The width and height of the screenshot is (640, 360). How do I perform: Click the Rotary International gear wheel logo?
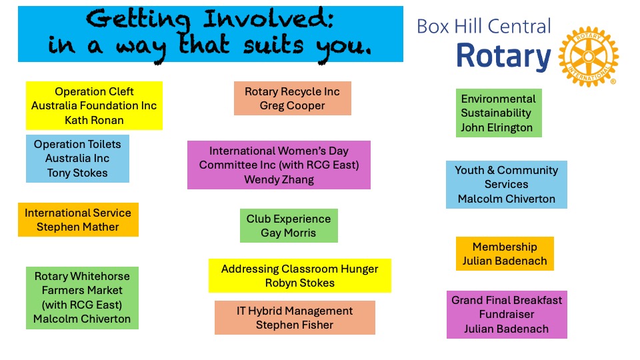588,57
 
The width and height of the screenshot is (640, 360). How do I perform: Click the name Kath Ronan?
94,121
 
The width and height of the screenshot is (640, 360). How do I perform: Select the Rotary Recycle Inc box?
292,99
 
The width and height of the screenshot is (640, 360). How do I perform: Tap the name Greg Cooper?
292,106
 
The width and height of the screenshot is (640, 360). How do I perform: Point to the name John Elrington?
497,128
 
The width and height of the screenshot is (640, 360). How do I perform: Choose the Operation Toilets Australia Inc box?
77,159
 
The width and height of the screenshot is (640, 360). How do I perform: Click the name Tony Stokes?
77,173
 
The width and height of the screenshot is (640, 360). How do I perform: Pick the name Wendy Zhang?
279,179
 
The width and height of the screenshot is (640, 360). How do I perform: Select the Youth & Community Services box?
507,185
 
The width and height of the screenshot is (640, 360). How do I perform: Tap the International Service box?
79,219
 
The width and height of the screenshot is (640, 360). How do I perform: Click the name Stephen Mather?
78,227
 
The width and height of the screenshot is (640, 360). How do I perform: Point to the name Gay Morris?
289,233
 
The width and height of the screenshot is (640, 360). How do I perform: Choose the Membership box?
505,253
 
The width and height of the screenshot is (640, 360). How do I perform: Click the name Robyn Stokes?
300,283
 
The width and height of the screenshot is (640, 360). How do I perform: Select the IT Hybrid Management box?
295,317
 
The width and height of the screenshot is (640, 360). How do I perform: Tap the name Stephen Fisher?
295,325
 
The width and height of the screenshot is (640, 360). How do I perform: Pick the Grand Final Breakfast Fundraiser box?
507,315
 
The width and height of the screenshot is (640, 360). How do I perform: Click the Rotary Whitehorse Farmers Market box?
83,298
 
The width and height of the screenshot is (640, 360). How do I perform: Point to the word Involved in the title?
269,19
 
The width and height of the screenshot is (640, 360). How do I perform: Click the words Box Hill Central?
484,27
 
